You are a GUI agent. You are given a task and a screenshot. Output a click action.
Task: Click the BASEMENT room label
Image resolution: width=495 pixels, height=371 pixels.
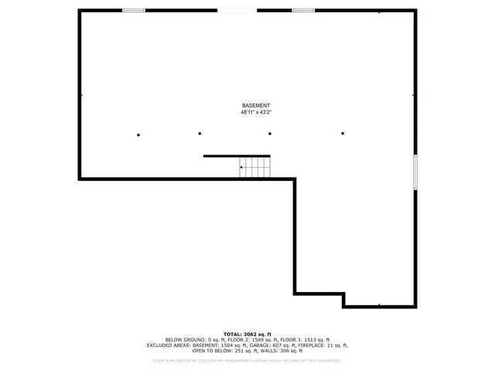[x=256, y=106]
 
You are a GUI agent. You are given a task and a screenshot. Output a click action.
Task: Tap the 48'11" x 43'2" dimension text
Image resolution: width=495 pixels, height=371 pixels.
[x=256, y=113]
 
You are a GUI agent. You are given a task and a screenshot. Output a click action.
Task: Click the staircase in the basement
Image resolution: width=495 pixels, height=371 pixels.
[x=254, y=167]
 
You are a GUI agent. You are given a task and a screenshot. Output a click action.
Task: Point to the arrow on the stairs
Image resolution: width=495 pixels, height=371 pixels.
[x=243, y=167]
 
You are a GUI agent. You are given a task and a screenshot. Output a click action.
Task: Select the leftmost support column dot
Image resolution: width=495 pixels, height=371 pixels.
[x=138, y=135]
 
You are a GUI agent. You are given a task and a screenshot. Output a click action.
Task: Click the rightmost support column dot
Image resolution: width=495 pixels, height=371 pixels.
[x=343, y=134]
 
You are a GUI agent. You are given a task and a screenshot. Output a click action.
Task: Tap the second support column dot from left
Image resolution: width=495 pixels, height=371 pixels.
[x=200, y=134]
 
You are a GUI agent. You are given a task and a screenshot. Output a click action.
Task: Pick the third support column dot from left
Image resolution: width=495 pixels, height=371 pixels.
[x=270, y=134]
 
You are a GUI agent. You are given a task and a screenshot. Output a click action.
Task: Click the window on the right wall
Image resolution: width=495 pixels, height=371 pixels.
[x=415, y=172]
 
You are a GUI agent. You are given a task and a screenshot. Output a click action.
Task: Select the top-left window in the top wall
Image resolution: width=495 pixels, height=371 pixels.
[x=134, y=10]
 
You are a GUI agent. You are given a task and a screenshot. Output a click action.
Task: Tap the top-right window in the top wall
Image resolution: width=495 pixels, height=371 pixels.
[x=303, y=10]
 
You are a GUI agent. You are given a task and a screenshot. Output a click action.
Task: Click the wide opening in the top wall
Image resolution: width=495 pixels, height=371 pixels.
[x=237, y=10]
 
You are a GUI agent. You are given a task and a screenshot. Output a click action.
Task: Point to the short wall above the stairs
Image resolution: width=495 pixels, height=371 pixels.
[x=237, y=156]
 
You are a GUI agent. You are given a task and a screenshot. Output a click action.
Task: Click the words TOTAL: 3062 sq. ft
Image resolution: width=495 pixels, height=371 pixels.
[x=247, y=333]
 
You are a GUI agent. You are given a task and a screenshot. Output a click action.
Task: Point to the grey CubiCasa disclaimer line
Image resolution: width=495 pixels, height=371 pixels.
[x=247, y=360]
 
